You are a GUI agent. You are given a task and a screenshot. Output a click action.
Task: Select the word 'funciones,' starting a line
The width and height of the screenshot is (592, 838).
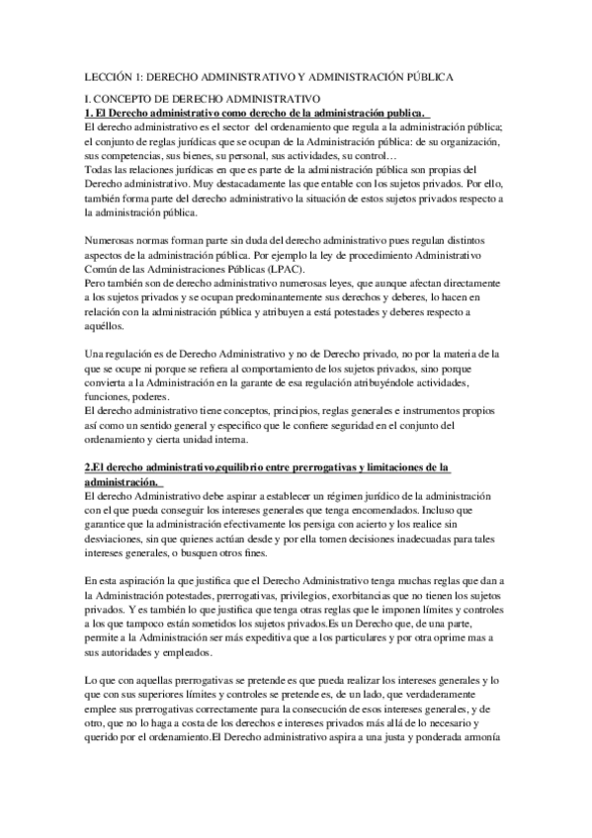coord(112,396)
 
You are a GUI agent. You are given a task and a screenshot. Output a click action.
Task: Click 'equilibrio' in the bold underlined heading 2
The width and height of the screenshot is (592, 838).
coord(269,467)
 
